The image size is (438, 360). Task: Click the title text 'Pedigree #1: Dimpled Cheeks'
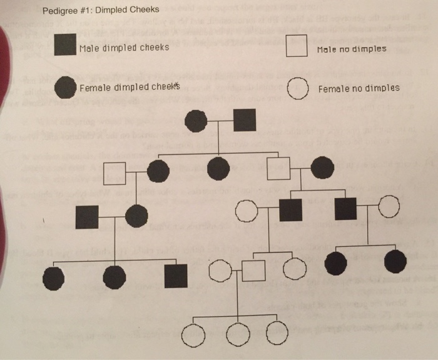coord(100,10)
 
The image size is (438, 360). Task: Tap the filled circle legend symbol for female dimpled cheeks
coord(66,87)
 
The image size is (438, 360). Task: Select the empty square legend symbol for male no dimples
coord(296,46)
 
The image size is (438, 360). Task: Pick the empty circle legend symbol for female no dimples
coord(297,88)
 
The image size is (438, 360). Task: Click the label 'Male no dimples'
coord(351,49)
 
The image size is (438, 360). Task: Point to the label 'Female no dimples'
coord(359,89)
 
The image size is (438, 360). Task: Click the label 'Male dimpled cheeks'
coord(124,47)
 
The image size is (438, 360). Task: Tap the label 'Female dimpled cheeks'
coord(129,87)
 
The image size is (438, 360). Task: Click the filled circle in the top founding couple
coord(196,121)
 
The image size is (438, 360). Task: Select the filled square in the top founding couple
coord(245,120)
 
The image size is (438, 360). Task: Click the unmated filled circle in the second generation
coord(218,169)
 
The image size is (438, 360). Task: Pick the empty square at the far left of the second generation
coord(115,172)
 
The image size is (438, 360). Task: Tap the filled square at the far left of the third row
coord(86,216)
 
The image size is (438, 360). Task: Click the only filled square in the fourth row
coord(176,276)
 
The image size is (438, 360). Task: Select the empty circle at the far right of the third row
coord(389,207)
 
